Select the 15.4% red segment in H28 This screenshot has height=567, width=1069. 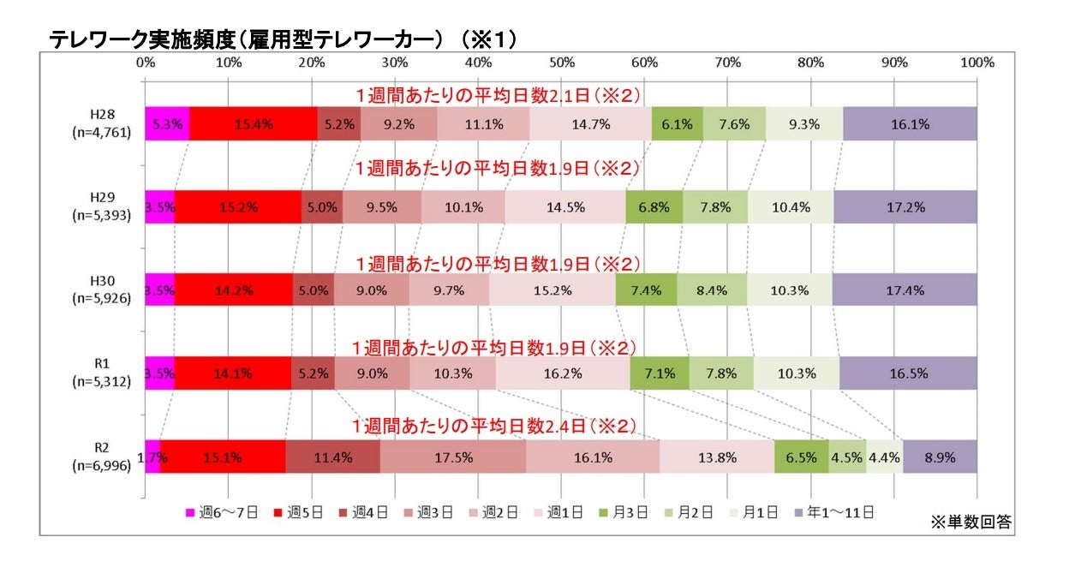coord(253,124)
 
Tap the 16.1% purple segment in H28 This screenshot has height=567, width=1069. coord(910,124)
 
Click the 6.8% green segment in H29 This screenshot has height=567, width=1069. coord(654,207)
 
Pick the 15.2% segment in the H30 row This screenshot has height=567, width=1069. coord(552,290)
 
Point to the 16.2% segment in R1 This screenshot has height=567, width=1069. coord(562,373)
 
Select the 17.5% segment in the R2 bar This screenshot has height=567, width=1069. coord(452,457)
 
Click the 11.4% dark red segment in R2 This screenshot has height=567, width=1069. coord(332,457)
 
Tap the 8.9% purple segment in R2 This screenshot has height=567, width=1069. coord(940,457)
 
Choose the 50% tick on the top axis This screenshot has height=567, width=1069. coord(561,63)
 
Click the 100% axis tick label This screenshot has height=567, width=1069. coord(976,63)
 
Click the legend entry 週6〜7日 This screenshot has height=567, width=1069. coord(219,513)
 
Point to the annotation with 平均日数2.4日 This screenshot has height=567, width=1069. coord(497,426)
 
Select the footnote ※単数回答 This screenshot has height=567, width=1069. coord(970,522)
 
